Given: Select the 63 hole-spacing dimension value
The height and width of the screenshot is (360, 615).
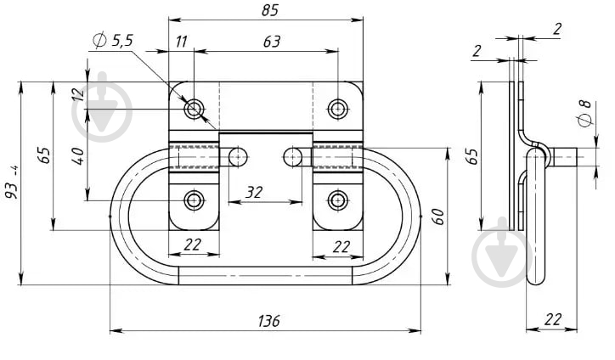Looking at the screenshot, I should tap(271, 42).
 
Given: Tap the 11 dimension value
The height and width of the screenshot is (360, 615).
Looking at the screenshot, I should tap(182, 42).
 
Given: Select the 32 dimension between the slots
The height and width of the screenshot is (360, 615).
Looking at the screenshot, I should tap(254, 193).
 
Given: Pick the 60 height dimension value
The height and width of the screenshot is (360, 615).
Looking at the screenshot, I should tap(438, 216).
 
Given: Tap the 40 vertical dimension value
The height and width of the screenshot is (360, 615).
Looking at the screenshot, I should tap(78, 156).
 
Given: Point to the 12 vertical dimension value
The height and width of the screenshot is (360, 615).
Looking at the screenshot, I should tap(78, 95).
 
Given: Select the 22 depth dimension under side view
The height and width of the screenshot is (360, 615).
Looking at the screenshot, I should tap(555, 318).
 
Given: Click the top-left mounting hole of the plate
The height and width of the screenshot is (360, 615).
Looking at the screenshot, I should tap(195, 109).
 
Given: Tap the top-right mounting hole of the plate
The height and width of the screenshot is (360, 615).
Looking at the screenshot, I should tap(338, 108).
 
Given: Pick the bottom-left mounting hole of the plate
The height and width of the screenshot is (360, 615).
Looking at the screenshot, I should tap(195, 200).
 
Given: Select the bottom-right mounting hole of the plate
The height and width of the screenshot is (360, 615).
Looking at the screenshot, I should tap(338, 200).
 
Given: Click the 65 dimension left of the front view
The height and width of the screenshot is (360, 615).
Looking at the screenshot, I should tap(45, 155).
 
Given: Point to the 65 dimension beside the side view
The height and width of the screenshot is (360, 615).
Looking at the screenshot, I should tap(473, 156).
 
